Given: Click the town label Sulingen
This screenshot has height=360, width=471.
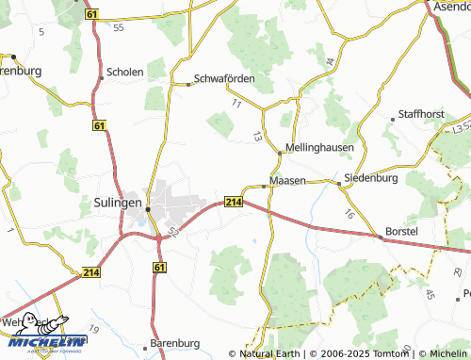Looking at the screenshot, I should (x=118, y=202).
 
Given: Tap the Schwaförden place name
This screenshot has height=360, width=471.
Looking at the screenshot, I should (x=224, y=79).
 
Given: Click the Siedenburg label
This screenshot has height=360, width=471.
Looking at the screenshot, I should (x=371, y=177).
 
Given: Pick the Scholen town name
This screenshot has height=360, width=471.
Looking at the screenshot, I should (x=126, y=72).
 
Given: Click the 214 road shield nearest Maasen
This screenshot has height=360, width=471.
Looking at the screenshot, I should (x=235, y=202).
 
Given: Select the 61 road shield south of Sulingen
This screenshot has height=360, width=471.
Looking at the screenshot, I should (x=159, y=269).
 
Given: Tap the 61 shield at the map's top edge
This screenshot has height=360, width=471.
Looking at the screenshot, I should (x=90, y=16).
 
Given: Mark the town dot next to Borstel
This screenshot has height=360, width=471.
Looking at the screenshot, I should (x=381, y=237).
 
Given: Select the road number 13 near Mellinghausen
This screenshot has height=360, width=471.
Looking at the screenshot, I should (x=256, y=137).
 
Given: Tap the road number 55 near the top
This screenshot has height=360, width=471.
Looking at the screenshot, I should (x=118, y=27).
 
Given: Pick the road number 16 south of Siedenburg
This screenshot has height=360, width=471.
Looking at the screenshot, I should (x=349, y=214).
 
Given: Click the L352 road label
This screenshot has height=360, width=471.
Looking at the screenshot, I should (x=460, y=125).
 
